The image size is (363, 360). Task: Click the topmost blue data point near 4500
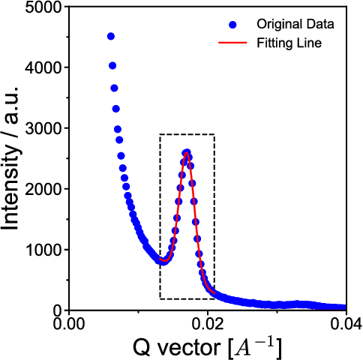[x=111, y=36]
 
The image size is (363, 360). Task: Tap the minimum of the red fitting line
[x=163, y=262]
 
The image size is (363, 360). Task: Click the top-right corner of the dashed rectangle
[x=214, y=135]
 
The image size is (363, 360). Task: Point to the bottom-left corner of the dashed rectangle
[x=160, y=298]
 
